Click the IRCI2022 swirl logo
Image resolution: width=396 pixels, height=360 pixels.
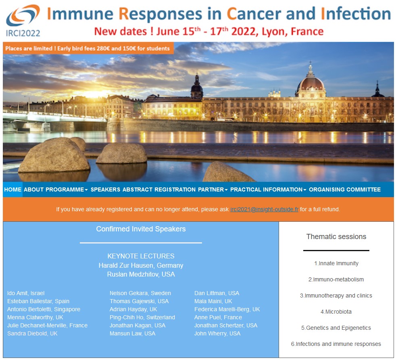click(x=23, y=15)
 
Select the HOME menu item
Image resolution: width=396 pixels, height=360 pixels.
click(x=13, y=189)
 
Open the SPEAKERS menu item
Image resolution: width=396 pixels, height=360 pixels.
click(x=105, y=189)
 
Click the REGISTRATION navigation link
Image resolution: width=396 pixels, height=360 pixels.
click(x=175, y=189)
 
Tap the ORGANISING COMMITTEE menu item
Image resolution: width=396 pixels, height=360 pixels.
click(x=345, y=189)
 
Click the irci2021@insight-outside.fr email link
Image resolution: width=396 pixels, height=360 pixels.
click(x=264, y=209)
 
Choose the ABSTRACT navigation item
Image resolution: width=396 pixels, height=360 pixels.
click(x=138, y=189)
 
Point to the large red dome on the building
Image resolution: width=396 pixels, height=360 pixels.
click(x=311, y=84)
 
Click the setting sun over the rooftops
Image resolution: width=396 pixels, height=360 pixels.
click(x=95, y=94)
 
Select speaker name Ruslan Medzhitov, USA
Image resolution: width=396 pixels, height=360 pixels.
click(x=141, y=274)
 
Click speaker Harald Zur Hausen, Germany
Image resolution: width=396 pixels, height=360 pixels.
click(x=141, y=265)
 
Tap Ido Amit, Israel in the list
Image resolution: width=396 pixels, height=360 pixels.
click(x=26, y=293)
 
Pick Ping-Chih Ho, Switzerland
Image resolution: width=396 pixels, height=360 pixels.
click(x=142, y=317)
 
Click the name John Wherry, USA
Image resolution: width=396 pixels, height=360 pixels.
click(x=217, y=333)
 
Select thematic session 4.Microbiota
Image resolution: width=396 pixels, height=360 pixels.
click(x=336, y=312)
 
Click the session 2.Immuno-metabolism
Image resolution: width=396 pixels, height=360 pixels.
click(x=336, y=279)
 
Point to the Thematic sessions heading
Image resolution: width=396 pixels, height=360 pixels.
click(x=336, y=237)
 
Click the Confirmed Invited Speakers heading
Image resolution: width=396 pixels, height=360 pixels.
click(x=141, y=229)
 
